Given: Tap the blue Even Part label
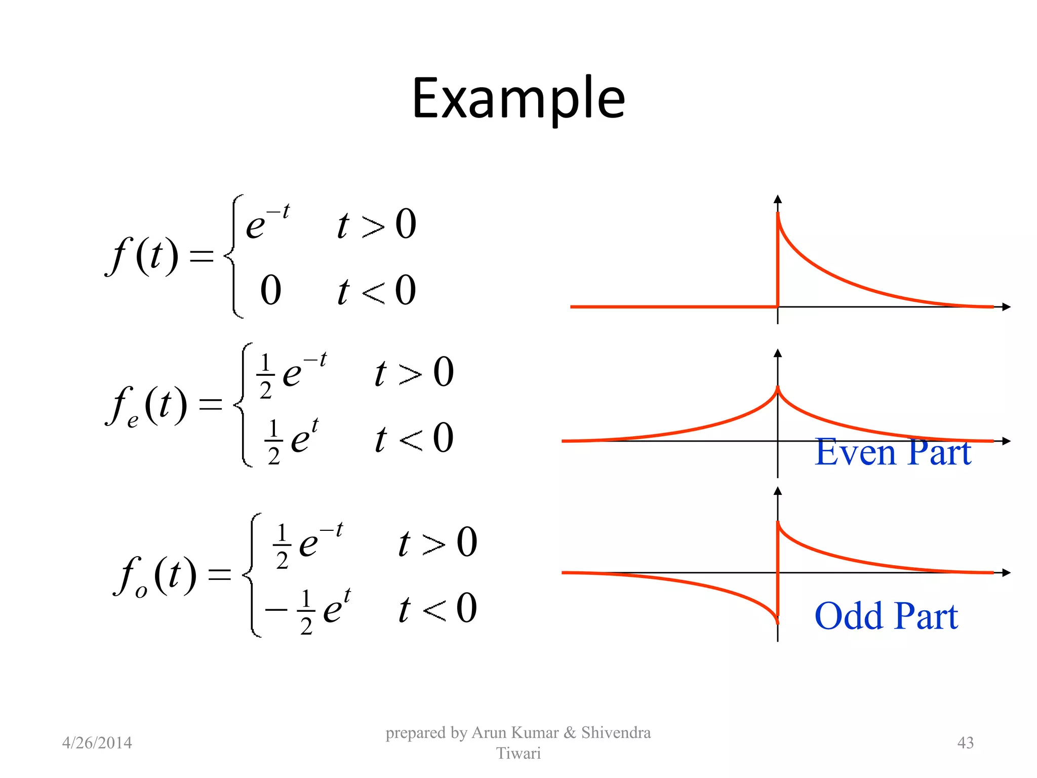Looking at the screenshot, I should click(892, 452).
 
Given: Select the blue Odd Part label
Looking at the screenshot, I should click(886, 616).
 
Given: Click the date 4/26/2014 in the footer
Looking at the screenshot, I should click(97, 743).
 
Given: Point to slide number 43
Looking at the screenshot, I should click(965, 743).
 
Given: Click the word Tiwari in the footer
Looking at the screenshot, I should click(518, 753).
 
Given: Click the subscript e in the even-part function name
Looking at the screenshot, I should click(133, 420).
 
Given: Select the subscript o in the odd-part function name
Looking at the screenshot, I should click(141, 591).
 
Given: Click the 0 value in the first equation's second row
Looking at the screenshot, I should click(270, 291).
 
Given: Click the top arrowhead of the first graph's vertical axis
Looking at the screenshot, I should click(778, 199).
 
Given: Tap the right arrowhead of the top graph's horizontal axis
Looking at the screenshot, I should click(1006, 307).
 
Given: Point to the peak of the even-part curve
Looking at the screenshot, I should click(778, 387).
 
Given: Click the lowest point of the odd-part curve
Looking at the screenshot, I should click(777, 622).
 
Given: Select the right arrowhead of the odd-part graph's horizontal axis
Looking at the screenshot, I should click(1006, 573).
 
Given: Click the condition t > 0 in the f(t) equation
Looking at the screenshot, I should click(377, 224).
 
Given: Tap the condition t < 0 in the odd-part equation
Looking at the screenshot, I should click(437, 608).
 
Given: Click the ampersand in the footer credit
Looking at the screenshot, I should click(570, 732).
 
